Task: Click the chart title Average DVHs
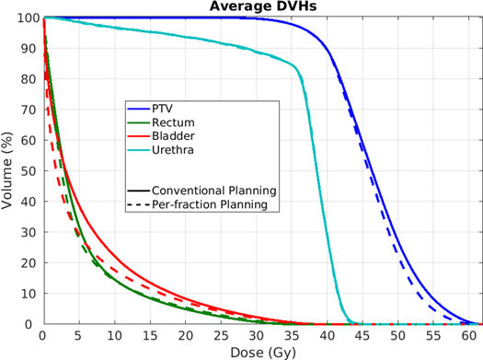click(x=262, y=7)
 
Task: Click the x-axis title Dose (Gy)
click(x=262, y=351)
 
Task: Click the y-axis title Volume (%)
click(x=8, y=171)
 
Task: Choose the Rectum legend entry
click(x=171, y=122)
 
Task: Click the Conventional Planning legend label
click(x=214, y=191)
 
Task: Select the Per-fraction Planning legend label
click(x=214, y=204)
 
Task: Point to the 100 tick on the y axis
click(x=28, y=17)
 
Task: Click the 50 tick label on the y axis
click(x=30, y=171)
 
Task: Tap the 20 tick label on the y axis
click(x=30, y=263)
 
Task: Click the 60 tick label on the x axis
click(x=469, y=335)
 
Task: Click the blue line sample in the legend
click(x=136, y=109)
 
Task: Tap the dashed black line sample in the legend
click(x=136, y=204)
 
